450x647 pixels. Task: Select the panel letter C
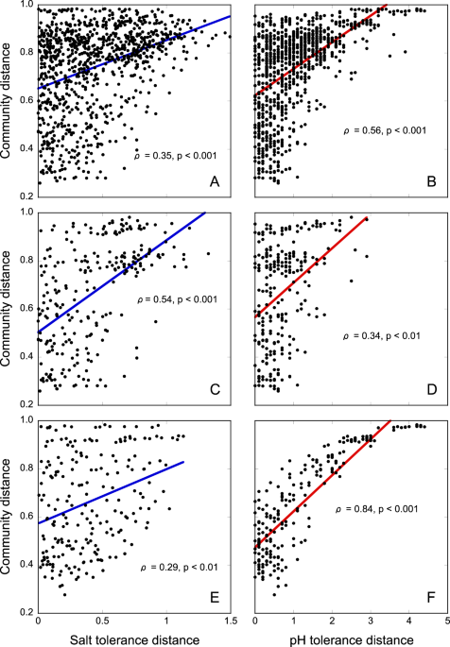click(215, 389)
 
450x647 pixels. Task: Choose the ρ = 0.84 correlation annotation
click(382, 510)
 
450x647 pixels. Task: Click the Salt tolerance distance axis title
click(133, 639)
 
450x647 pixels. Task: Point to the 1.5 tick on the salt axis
click(230, 621)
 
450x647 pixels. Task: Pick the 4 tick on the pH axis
click(409, 621)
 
